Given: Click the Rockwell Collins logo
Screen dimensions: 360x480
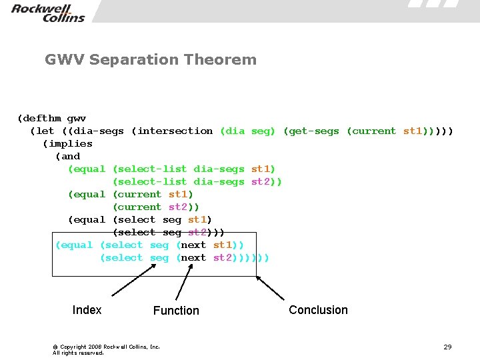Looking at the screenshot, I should point(48,13).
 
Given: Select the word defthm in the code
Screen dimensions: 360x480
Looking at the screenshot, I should point(43,118).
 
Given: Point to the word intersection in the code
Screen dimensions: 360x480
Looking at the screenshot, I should point(175,131).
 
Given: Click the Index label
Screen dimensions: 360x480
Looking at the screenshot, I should point(87,310).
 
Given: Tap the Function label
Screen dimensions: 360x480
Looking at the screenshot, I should point(176,311).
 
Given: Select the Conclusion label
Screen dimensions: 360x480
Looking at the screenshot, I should point(318,310).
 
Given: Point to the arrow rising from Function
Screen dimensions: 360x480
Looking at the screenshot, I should point(184,280).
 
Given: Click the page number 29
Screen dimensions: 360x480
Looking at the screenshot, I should point(447,347).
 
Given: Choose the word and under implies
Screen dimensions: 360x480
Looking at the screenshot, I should point(71,156).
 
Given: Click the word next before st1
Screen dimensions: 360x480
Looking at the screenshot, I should point(193,245).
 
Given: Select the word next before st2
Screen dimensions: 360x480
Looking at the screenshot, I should point(193,257).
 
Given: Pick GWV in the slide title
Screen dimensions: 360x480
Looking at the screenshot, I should point(64,60).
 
